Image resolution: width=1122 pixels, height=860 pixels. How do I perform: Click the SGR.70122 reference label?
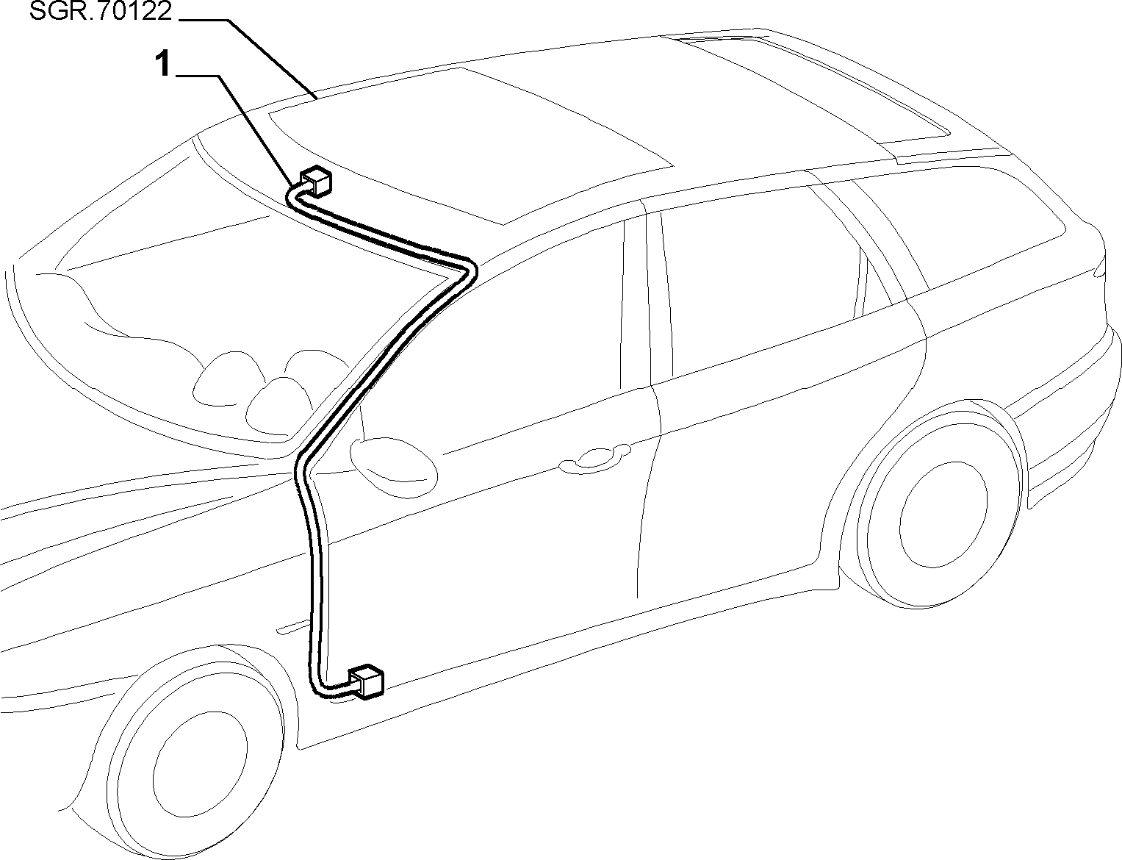pyautogui.click(x=101, y=11)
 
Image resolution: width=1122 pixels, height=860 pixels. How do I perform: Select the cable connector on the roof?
pyautogui.click(x=316, y=181)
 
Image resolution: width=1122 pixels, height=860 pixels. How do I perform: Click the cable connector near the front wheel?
pyautogui.click(x=367, y=681)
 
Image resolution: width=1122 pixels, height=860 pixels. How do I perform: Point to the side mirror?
pyautogui.click(x=393, y=467)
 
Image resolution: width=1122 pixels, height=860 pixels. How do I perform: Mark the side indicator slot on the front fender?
pyautogui.click(x=292, y=628)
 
